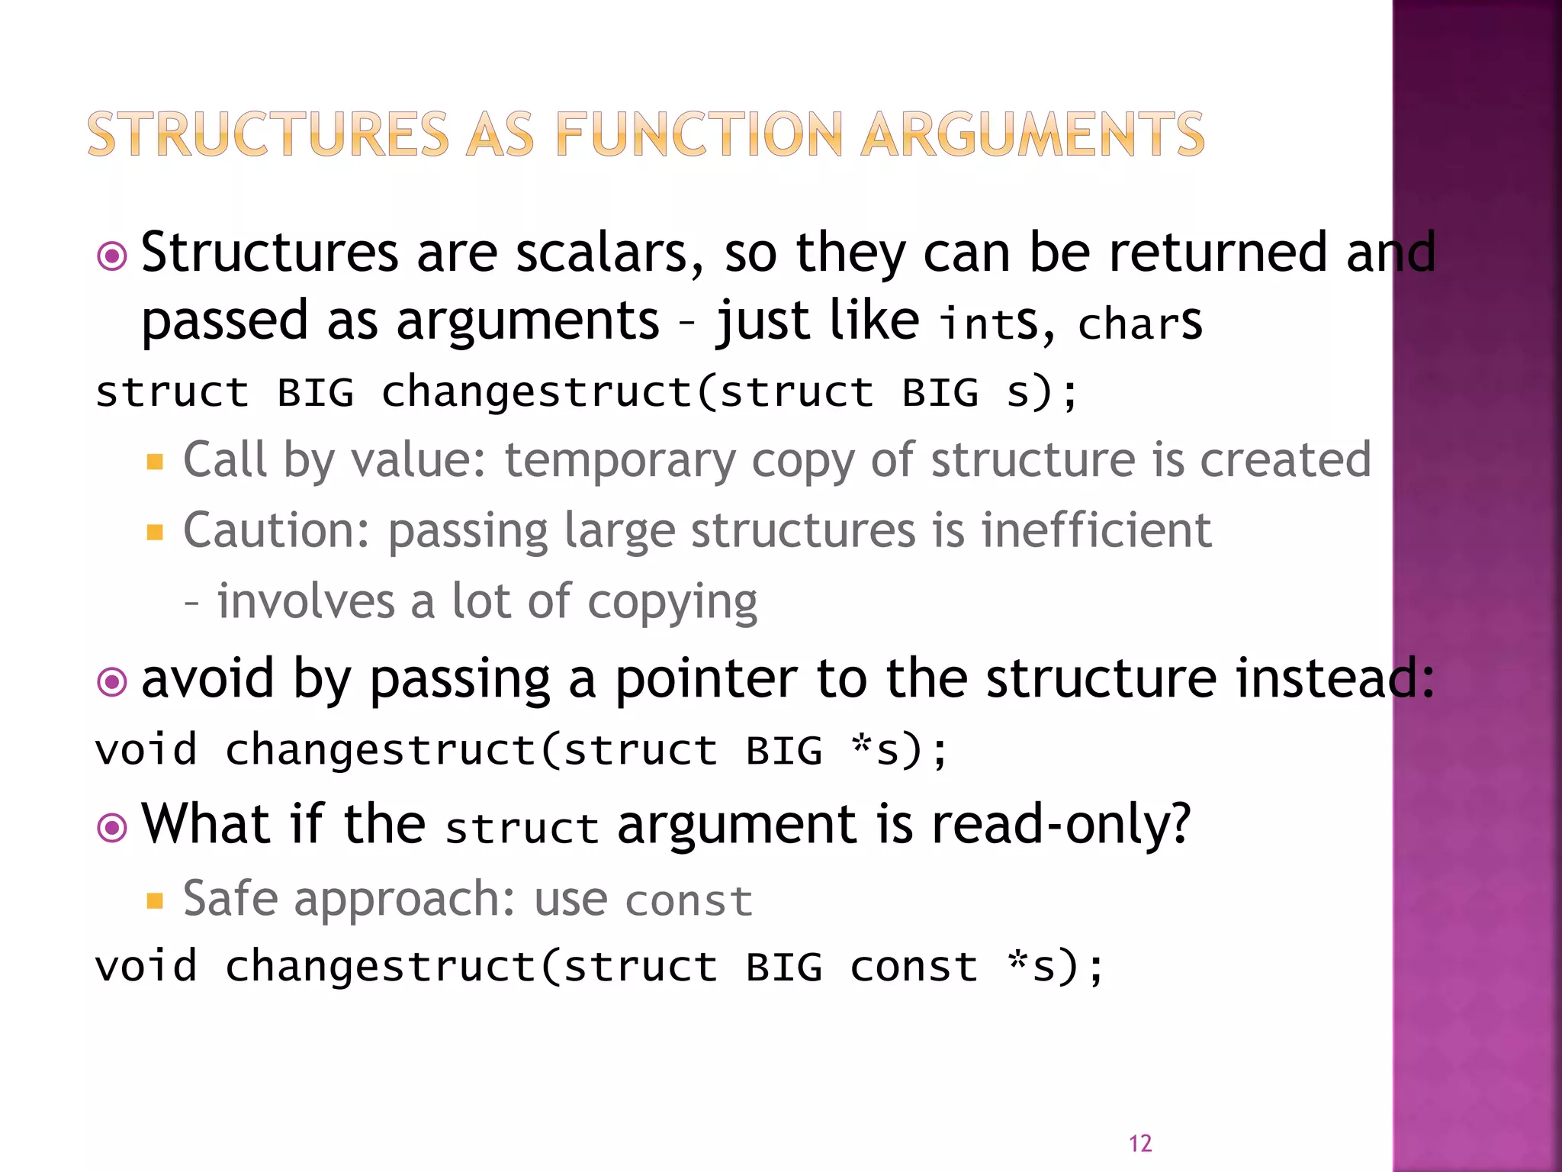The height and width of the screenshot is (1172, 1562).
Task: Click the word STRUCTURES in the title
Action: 268,134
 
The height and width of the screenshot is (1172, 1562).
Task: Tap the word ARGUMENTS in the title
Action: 1033,134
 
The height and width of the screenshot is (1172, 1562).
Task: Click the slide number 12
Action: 1140,1143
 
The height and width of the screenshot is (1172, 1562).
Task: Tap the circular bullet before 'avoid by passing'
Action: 113,681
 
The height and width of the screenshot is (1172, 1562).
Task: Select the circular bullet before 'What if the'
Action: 113,827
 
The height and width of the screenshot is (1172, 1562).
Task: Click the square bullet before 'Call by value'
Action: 156,462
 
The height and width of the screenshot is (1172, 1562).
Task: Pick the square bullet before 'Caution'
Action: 156,532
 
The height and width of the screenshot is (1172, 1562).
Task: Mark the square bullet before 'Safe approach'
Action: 156,901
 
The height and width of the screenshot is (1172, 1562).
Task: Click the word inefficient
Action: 1096,530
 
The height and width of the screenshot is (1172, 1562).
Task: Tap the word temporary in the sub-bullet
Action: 619,461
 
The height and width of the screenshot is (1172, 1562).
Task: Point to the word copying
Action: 672,603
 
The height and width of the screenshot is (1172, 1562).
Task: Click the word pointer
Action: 706,678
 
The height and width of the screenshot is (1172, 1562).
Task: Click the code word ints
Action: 988,323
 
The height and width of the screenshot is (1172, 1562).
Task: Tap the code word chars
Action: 1140,323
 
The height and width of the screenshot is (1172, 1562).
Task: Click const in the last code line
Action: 914,967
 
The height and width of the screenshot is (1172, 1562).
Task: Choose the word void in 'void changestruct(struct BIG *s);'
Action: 146,749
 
